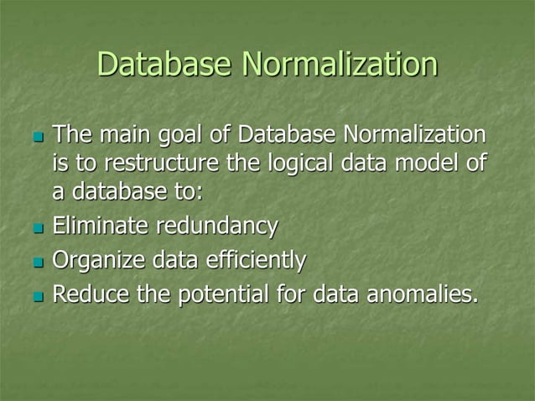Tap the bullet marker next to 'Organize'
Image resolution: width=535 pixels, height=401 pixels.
33,264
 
